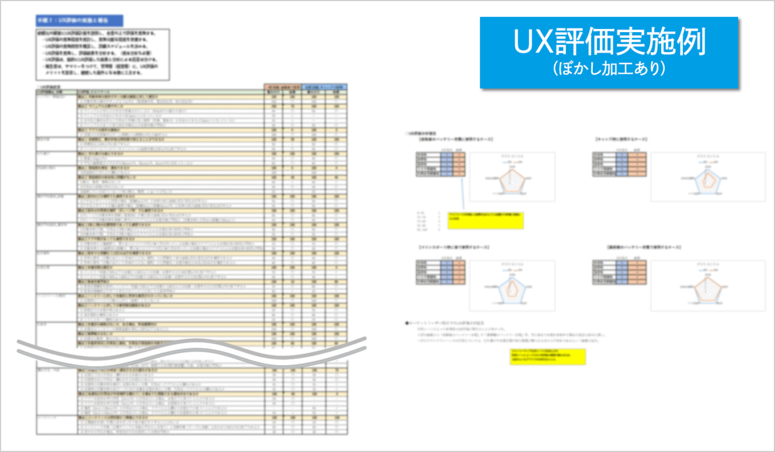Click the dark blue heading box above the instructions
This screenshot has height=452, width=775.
79,21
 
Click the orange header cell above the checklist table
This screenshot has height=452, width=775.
282,87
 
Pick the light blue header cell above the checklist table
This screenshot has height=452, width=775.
324,87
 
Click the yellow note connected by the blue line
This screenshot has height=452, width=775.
485,220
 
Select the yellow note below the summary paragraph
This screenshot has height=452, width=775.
548,356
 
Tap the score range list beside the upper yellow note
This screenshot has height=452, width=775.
424,221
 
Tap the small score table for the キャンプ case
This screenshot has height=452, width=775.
619,163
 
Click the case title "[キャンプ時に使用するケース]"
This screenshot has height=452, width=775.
622,140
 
